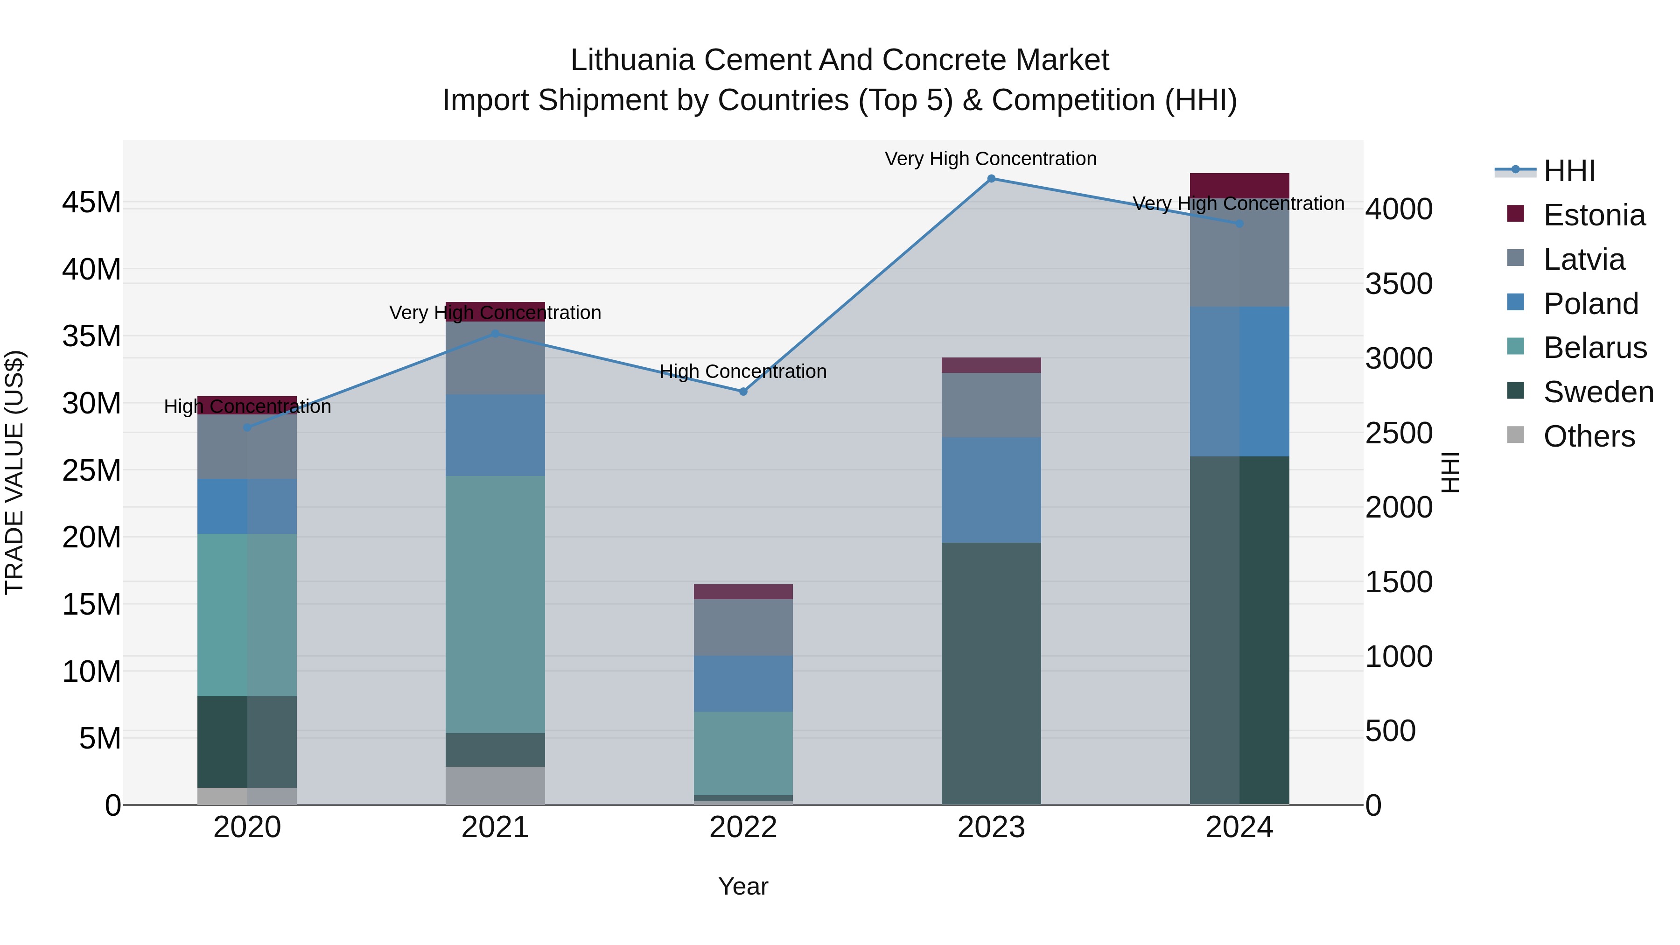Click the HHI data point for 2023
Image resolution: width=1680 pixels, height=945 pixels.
[991, 179]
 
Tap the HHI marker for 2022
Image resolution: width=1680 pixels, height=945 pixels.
[743, 392]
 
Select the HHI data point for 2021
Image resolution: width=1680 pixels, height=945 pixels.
[495, 334]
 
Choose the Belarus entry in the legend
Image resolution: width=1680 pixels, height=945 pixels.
[1595, 348]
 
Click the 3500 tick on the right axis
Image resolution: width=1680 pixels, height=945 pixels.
[1399, 284]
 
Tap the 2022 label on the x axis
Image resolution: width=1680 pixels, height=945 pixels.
[743, 827]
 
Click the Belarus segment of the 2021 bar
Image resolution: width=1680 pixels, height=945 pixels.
[495, 604]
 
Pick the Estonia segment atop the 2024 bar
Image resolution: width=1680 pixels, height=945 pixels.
[1239, 186]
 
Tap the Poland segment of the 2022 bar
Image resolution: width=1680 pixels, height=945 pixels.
[743, 684]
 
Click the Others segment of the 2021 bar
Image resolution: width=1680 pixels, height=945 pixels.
[495, 785]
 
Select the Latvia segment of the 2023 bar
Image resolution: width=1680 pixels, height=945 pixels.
[991, 405]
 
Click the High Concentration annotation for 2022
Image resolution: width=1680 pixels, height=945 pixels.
[743, 372]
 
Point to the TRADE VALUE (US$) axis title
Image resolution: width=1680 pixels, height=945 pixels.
[14, 472]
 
